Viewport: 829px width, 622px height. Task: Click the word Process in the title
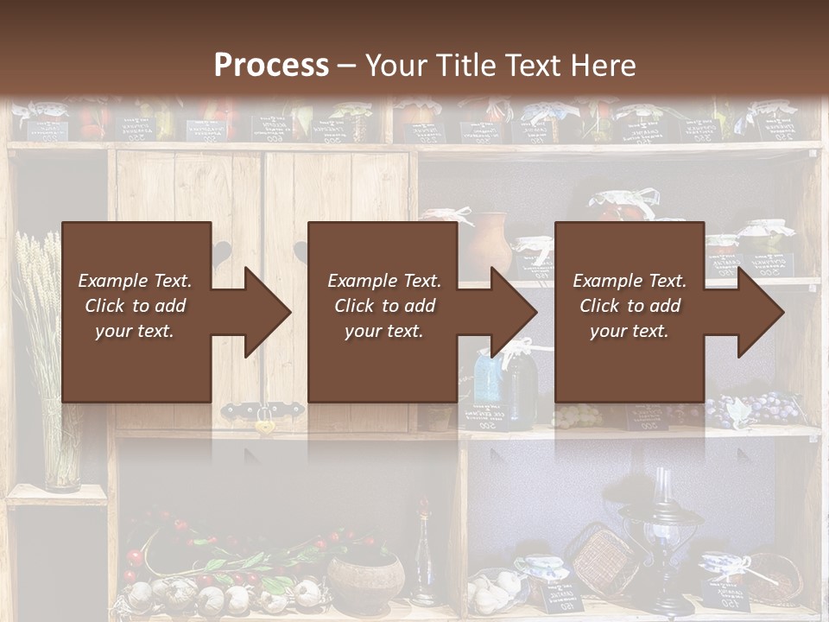point(271,66)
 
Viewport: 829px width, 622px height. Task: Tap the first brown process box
point(136,312)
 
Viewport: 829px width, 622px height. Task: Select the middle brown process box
point(383,312)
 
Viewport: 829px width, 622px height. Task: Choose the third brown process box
point(629,312)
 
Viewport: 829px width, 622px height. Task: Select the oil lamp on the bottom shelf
point(661,536)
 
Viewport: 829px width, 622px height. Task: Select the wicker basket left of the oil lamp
point(597,558)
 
